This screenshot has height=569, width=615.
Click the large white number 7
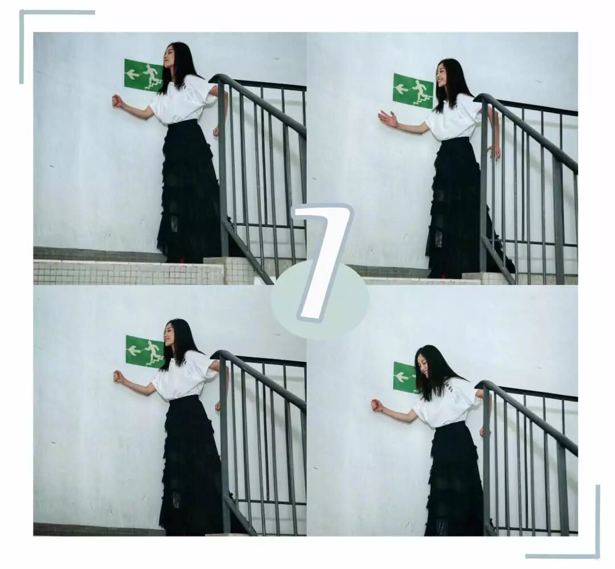click(323, 260)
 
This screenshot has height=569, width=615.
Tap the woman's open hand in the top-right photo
click(388, 118)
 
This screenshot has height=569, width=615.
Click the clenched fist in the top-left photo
click(117, 100)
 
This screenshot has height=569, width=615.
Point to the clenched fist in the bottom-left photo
click(118, 376)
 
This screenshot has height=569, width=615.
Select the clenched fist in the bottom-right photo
click(376, 405)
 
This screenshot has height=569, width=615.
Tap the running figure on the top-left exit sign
click(151, 76)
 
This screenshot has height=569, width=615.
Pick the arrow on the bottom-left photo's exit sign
click(135, 349)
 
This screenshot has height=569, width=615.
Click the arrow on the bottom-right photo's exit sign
click(401, 377)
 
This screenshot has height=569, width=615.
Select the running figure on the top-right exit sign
click(421, 92)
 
